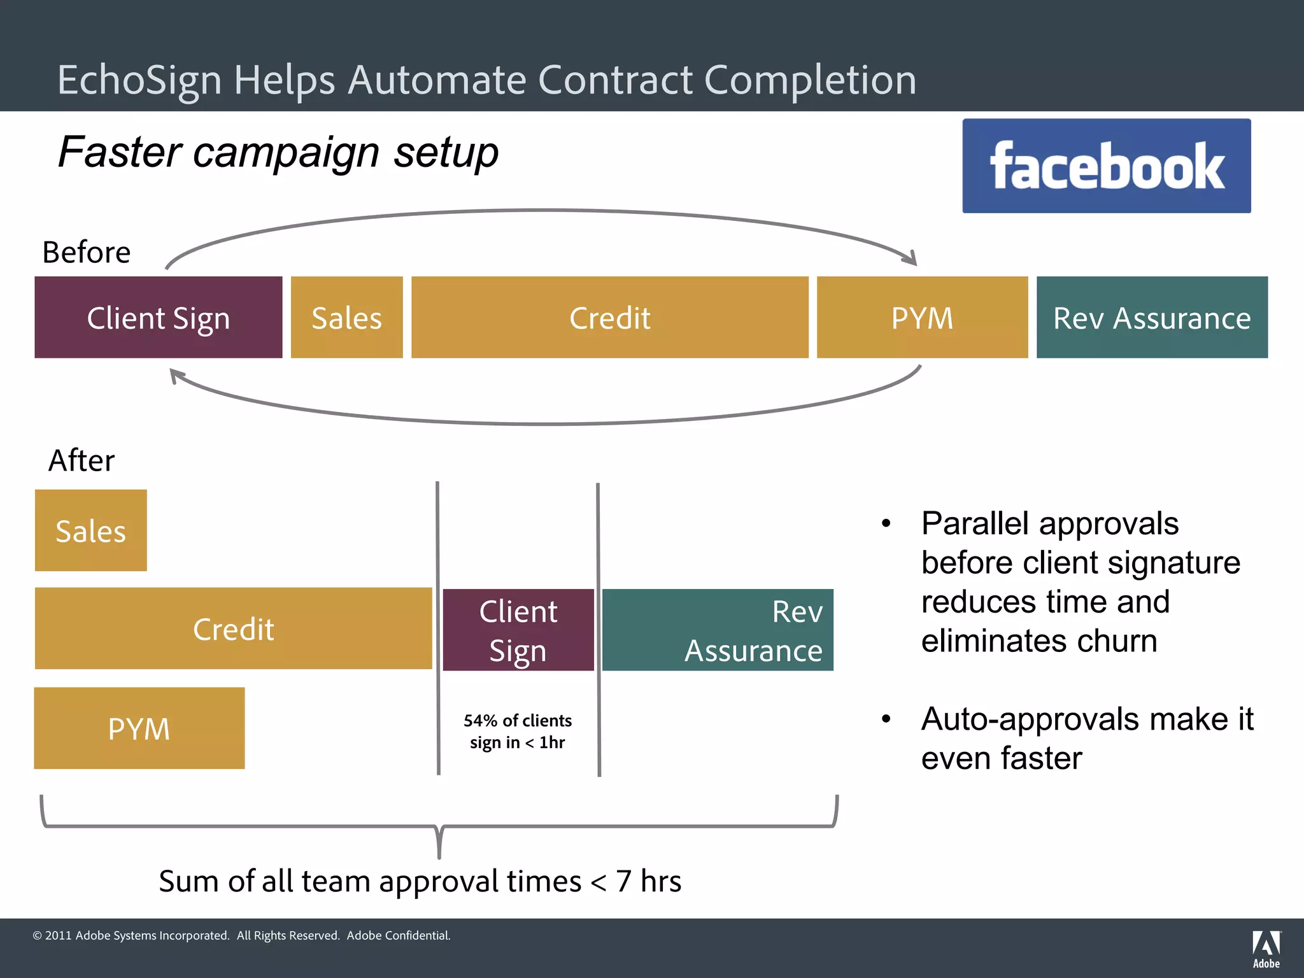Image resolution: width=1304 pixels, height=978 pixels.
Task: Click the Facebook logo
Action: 1106,166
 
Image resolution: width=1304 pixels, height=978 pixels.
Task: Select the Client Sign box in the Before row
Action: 158,317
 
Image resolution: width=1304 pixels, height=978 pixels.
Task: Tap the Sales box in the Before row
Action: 346,317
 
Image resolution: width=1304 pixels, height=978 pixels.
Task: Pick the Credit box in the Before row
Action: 609,317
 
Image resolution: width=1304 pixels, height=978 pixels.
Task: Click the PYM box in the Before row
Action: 922,317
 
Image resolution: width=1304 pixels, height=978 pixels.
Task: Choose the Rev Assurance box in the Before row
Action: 1151,317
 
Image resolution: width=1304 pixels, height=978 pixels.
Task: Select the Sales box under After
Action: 90,530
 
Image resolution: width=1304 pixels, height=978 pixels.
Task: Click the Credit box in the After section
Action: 233,628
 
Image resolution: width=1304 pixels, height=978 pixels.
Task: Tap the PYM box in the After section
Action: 139,728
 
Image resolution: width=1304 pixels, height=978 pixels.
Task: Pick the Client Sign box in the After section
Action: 518,630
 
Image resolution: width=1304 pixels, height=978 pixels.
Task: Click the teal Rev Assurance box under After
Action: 718,630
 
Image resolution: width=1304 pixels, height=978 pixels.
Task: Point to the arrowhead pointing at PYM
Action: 911,259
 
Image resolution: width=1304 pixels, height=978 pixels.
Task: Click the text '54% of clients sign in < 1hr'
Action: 517,732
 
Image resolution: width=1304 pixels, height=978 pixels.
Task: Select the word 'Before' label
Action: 86,252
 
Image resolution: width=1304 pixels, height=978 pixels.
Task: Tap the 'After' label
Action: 81,460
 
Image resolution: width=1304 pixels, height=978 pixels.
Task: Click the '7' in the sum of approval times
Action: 623,881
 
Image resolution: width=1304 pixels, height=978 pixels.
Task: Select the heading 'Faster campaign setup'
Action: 278,152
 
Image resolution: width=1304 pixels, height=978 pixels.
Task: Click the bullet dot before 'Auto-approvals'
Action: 886,719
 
